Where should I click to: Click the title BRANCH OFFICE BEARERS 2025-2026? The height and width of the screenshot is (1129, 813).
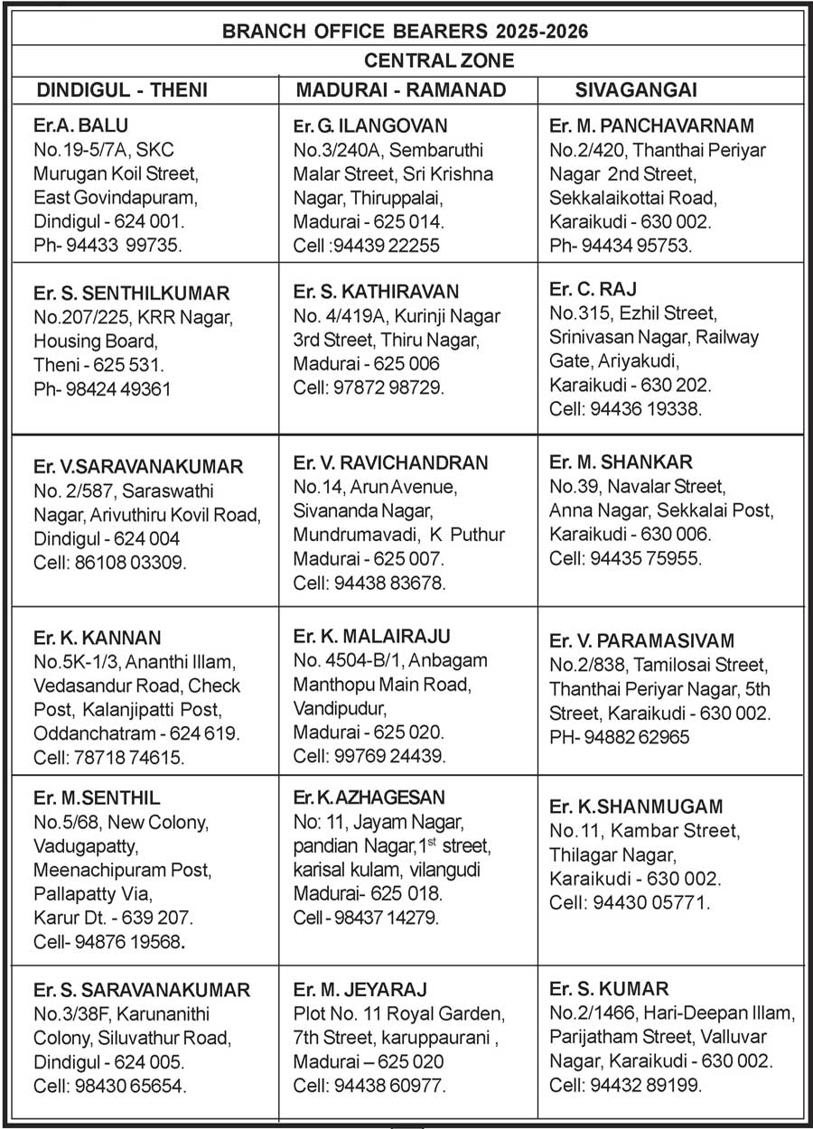(x=405, y=32)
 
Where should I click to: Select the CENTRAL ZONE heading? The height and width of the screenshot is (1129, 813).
(x=439, y=61)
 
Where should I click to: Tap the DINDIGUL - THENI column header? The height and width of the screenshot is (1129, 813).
(x=122, y=90)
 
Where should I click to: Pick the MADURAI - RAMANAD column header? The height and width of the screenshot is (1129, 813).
(x=401, y=90)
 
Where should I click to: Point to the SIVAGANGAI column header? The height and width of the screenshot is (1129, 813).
(x=636, y=90)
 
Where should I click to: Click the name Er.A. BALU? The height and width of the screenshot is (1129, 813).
(x=75, y=125)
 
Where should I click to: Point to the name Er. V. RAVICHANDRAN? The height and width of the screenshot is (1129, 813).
(x=390, y=463)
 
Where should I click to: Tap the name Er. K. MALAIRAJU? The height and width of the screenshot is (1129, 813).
(x=371, y=636)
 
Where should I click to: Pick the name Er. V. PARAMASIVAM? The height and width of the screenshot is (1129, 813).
(x=641, y=640)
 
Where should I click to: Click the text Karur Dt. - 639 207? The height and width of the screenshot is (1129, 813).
(x=112, y=918)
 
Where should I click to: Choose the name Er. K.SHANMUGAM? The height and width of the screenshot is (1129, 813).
(x=636, y=807)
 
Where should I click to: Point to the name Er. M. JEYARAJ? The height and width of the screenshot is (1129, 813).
(x=360, y=989)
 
